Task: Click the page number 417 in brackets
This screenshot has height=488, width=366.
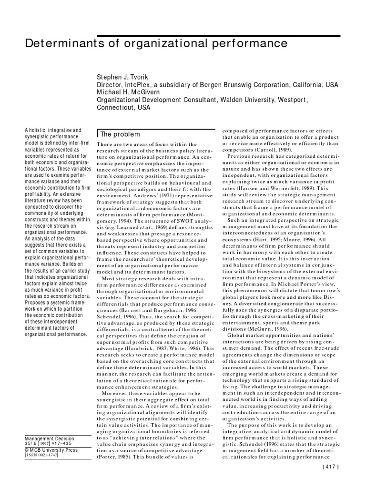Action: point(329,481)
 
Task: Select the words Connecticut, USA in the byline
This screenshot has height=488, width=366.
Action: point(123,108)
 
